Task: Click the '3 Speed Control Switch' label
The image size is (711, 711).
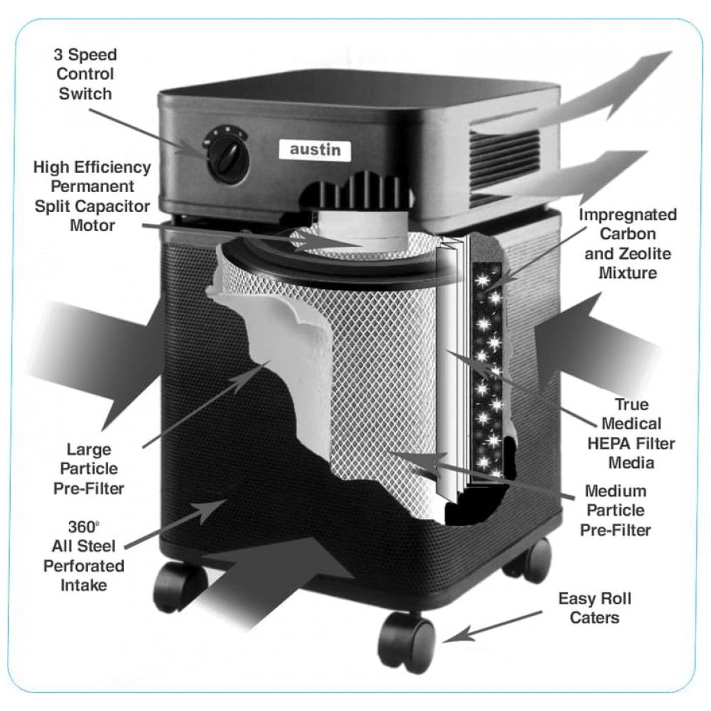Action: click(85, 73)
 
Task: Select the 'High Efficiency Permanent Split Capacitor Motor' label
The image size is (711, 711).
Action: click(92, 196)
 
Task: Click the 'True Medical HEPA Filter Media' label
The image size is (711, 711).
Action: click(630, 434)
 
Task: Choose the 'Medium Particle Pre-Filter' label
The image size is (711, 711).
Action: click(616, 510)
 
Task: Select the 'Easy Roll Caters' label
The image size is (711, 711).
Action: click(594, 608)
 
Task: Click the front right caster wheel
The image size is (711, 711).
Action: click(407, 640)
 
